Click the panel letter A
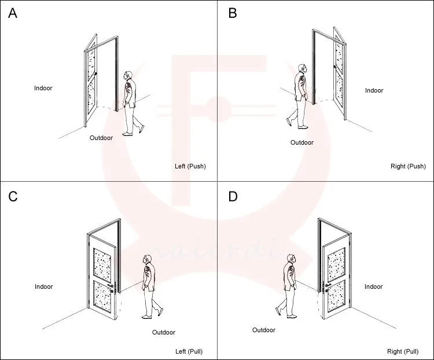[12, 13]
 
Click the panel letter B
[233, 13]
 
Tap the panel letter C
[13, 197]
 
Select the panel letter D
[233, 197]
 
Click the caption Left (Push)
[190, 166]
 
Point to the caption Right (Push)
[408, 166]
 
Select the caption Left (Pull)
[189, 351]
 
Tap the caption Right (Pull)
[403, 351]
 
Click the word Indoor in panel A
[43, 88]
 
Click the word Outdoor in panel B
[301, 142]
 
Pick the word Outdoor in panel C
[164, 332]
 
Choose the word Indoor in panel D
[374, 286]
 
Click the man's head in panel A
[128, 76]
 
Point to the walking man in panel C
[149, 286]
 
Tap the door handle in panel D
[328, 285]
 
